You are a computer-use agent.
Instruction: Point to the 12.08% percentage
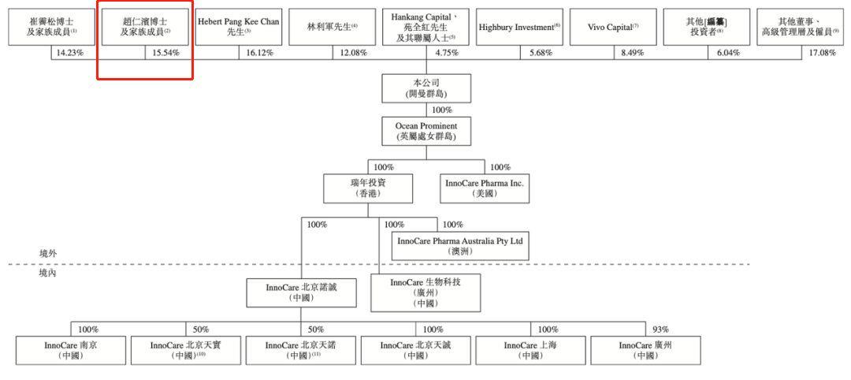click(353, 53)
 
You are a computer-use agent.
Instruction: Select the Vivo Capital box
click(614, 27)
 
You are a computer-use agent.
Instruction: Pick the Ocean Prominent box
click(426, 131)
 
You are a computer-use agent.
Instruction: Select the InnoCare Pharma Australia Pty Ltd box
click(459, 245)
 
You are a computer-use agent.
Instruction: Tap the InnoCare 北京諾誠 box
click(300, 293)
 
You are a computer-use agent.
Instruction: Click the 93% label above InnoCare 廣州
click(660, 329)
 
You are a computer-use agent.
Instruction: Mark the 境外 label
click(48, 253)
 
